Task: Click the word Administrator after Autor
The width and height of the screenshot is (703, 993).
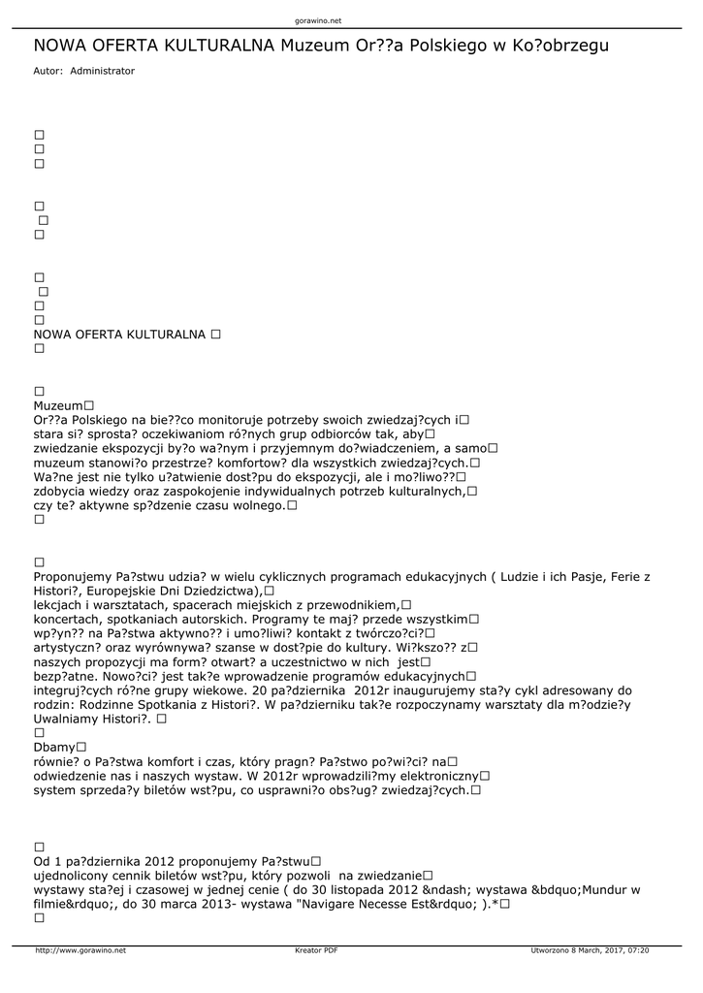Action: [103, 71]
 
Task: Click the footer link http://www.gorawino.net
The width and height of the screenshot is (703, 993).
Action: [80, 950]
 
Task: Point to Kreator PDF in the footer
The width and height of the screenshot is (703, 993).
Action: [316, 950]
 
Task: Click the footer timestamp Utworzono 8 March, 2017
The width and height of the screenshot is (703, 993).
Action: [590, 950]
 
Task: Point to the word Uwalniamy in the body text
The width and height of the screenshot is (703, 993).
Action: [66, 720]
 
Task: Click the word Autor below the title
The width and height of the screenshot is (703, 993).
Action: [48, 71]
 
